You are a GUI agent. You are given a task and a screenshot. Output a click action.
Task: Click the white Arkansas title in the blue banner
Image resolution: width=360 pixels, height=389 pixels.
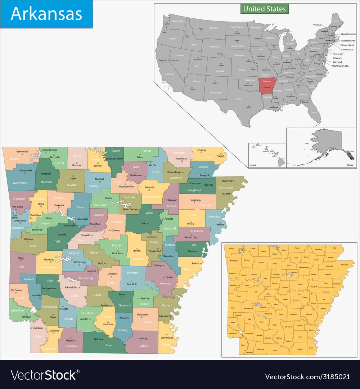pyautogui.click(x=46, y=14)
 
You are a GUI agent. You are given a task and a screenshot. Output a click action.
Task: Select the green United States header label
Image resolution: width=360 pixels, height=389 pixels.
pyautogui.click(x=265, y=9)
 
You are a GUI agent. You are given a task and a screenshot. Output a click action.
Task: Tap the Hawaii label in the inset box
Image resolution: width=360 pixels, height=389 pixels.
pyautogui.click(x=253, y=165)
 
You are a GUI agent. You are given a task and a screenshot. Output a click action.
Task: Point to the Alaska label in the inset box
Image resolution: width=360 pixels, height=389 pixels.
pyautogui.click(x=350, y=165)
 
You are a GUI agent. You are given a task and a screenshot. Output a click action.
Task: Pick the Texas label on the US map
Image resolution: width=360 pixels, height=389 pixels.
pyautogui.click(x=238, y=99)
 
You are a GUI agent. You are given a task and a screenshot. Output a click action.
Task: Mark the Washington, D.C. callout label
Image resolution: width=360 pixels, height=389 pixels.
pyautogui.click(x=343, y=66)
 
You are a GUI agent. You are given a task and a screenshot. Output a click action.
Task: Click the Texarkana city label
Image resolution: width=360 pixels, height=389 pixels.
pyautogui.click(x=37, y=328)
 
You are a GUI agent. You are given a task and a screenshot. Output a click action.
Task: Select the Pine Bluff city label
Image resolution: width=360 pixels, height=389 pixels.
pyautogui.click(x=132, y=284)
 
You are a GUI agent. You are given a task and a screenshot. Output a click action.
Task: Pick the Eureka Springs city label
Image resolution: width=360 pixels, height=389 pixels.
pyautogui.click(x=49, y=149)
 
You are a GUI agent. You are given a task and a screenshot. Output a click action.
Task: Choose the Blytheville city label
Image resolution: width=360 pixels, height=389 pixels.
pyautogui.click(x=227, y=181)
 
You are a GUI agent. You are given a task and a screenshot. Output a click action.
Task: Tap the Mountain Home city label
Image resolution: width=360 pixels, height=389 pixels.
pyautogui.click(x=115, y=159)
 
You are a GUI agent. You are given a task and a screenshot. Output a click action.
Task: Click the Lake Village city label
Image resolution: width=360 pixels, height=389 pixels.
pyautogui.click(x=167, y=337)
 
